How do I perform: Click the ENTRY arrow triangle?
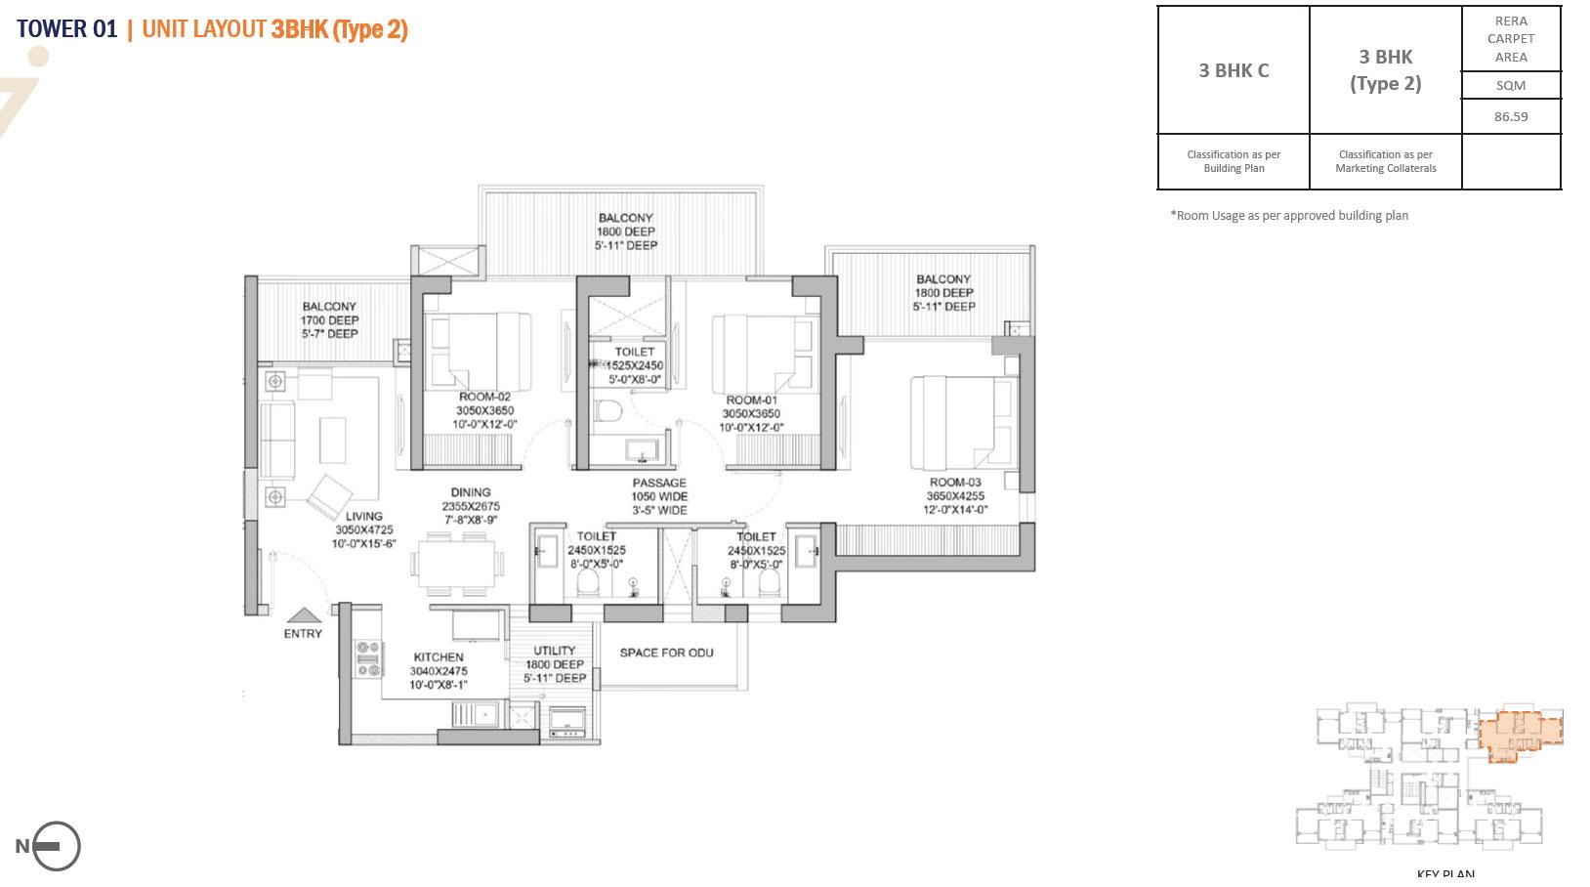tap(304, 615)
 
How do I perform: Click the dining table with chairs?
tap(457, 566)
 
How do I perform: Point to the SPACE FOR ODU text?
tap(666, 653)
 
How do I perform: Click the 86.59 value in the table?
tap(1510, 116)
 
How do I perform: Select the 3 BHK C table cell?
tap(1234, 70)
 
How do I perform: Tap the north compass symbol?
tap(56, 846)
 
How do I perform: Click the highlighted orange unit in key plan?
tap(1520, 733)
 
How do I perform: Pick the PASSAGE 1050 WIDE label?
tap(659, 496)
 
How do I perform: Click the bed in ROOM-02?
tap(479, 352)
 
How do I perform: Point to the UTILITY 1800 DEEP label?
tap(555, 664)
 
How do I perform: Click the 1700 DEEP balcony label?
tap(329, 320)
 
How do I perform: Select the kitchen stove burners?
tap(368, 657)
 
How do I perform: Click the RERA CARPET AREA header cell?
tap(1510, 39)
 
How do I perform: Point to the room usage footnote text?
tap(1288, 216)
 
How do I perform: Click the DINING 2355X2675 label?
tap(471, 506)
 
